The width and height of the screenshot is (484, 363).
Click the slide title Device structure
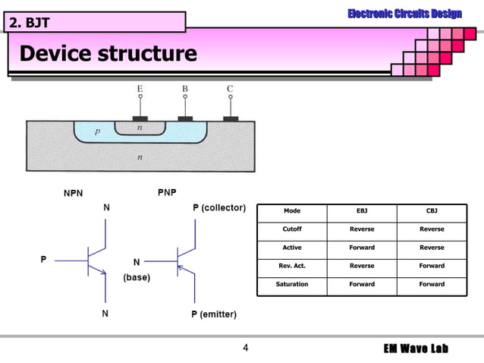tap(108, 54)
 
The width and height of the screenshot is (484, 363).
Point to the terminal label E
tap(140, 89)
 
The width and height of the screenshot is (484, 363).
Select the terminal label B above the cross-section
tap(184, 89)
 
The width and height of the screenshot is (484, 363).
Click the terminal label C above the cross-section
tap(230, 89)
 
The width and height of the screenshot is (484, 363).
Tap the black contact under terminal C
tap(231, 118)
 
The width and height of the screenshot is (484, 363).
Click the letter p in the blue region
tap(97, 131)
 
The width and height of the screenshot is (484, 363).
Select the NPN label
tap(74, 193)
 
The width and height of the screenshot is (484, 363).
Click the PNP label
tap(167, 193)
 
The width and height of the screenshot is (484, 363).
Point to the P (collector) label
tap(218, 207)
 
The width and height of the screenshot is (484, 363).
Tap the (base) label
tap(137, 277)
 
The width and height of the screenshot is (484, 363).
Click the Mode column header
tap(292, 210)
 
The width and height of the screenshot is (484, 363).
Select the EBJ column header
tap(362, 210)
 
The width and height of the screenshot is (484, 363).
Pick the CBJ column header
tap(432, 210)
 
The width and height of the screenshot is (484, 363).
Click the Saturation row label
tap(292, 284)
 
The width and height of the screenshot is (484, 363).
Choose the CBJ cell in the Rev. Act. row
tap(432, 266)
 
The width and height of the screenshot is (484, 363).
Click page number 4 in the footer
tap(245, 349)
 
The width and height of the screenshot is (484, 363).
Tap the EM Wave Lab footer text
tap(415, 349)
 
